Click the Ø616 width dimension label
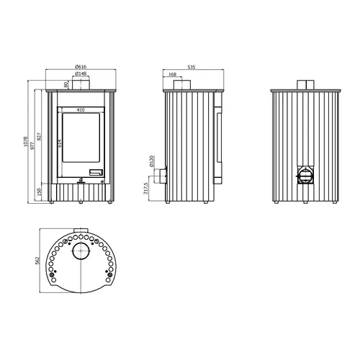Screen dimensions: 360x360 (x=81, y=66)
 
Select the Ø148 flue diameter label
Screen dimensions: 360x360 (x=81, y=73)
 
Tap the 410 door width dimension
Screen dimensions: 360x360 (x=81, y=109)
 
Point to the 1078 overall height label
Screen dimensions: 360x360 (x=26, y=142)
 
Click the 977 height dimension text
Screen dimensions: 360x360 (x=32, y=145)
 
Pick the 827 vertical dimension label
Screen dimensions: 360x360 (x=40, y=137)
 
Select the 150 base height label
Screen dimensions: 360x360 (x=40, y=192)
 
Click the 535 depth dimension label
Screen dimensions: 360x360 (x=192, y=67)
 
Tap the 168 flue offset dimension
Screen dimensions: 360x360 (x=172, y=74)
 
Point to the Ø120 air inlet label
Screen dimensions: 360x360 (x=151, y=161)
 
